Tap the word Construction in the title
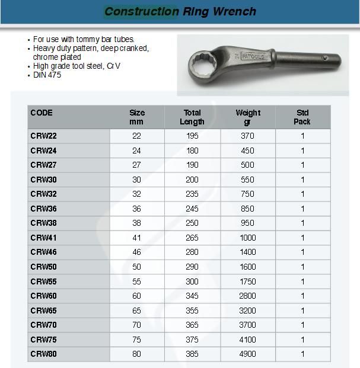(x=141, y=11)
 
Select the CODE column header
(x=42, y=113)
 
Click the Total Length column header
(x=192, y=117)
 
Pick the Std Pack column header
(x=302, y=117)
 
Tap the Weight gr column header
(x=248, y=117)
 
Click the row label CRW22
(x=43, y=136)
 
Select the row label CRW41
(x=43, y=238)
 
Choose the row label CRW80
(x=43, y=354)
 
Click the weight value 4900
(x=248, y=354)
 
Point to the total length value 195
(x=192, y=136)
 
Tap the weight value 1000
(x=248, y=238)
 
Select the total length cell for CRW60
(x=192, y=296)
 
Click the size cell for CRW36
(x=137, y=209)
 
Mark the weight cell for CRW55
(x=248, y=281)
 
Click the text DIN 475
(x=47, y=75)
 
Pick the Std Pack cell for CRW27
(x=302, y=165)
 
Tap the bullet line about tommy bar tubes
(x=84, y=39)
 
